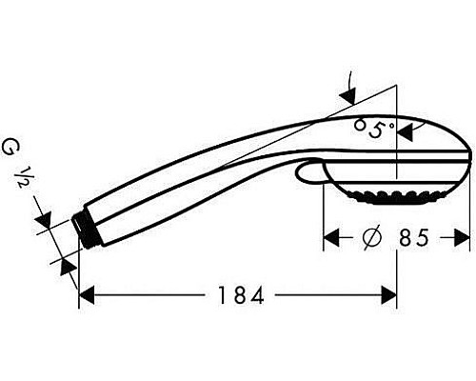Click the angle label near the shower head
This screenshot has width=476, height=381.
pyautogui.click(x=374, y=127)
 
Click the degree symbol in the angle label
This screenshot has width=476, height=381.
pyautogui.click(x=392, y=122)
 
